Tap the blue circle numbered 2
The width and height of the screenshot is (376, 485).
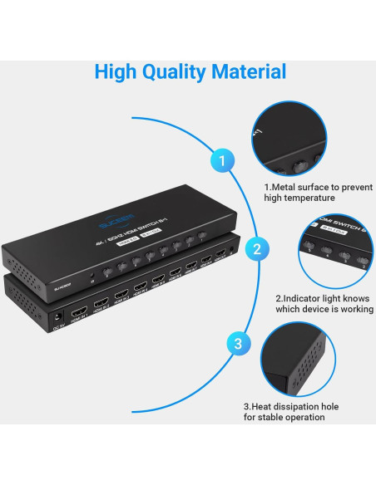pos(258,248)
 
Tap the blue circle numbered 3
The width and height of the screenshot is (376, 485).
pos(239,342)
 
